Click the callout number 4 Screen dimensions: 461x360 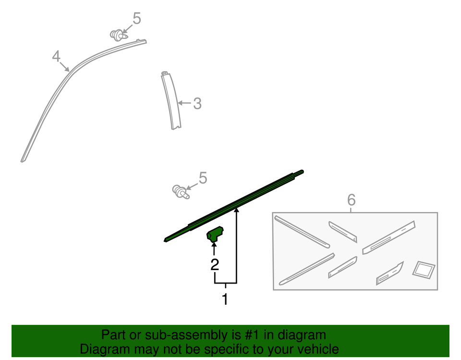point(56,56)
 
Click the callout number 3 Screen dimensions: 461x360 point(197,104)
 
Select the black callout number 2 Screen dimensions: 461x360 point(215,264)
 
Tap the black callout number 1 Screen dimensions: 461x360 point(225,299)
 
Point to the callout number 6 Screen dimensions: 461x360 point(352,200)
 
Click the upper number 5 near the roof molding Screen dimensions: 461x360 point(137,18)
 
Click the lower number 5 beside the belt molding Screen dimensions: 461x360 point(203,178)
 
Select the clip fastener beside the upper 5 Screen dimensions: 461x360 point(119,35)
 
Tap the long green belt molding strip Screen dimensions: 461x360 point(234,206)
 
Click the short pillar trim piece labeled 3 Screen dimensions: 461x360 point(171,100)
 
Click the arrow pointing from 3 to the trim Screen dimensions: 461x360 point(184,103)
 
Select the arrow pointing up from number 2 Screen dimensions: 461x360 point(214,249)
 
